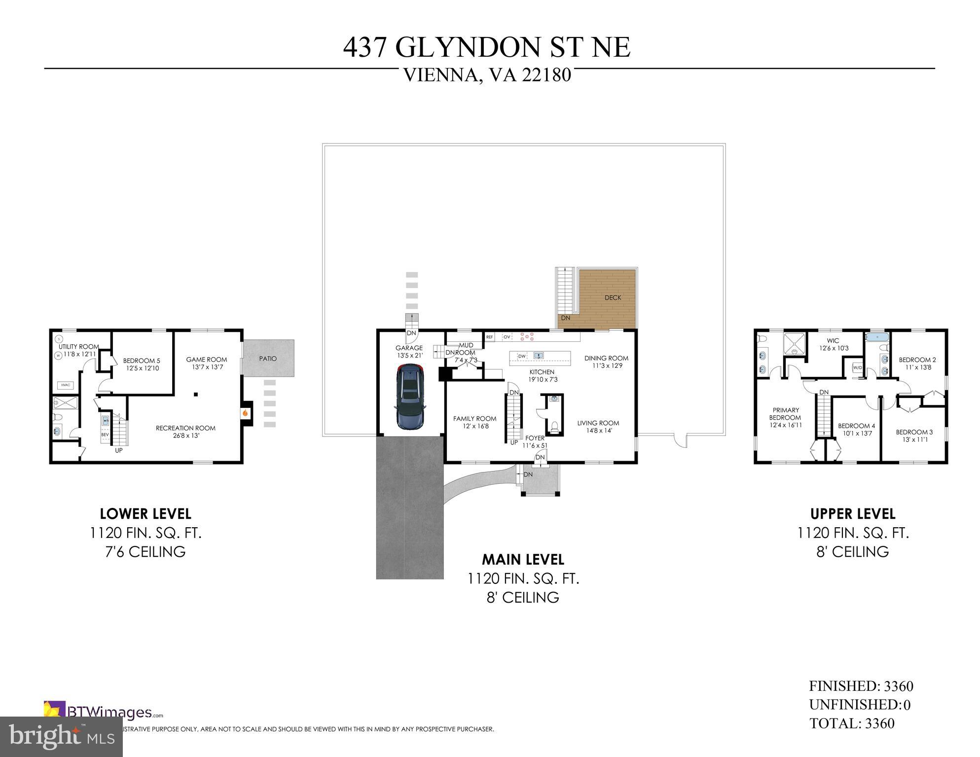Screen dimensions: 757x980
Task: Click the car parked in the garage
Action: (410, 396)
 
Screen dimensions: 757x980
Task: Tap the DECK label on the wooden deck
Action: (613, 298)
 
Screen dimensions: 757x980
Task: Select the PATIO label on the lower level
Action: (268, 359)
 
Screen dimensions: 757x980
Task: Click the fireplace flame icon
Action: (245, 413)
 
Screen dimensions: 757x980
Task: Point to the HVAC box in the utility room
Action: (65, 385)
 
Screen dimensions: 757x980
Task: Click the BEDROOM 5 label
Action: (142, 360)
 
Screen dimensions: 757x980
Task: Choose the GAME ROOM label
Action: (206, 360)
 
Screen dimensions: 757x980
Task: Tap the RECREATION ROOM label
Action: (185, 428)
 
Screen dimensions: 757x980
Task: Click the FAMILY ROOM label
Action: (474, 419)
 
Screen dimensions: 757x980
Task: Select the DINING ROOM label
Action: (606, 358)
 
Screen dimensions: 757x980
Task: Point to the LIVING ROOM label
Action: (598, 423)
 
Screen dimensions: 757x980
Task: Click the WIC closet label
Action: (833, 341)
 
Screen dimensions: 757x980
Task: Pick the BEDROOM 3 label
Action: (914, 432)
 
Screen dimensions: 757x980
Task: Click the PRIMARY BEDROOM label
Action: (786, 414)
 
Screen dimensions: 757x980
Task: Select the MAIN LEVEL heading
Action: (523, 559)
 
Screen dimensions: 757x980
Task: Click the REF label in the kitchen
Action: (490, 337)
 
